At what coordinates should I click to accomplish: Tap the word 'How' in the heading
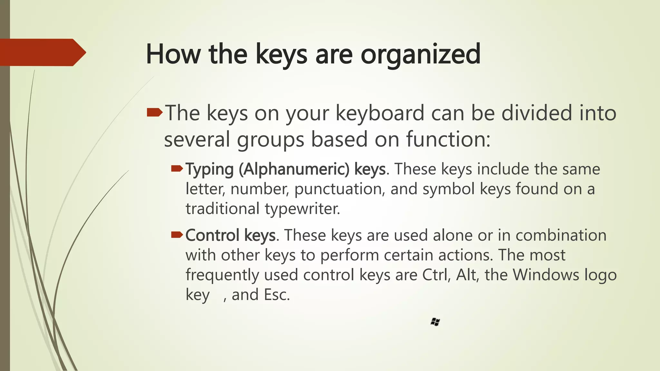point(173,54)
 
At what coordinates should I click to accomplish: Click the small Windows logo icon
point(435,322)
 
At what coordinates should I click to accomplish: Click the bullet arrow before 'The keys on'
point(155,113)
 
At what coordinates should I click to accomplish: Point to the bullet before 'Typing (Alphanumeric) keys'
point(177,168)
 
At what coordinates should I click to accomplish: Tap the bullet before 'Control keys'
point(177,235)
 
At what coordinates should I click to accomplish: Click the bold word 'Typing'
point(209,169)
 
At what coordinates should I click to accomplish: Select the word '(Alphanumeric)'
point(294,169)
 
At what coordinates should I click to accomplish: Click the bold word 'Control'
point(213,235)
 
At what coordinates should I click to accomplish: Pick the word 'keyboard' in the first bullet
point(380,113)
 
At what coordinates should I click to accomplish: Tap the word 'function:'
point(448,139)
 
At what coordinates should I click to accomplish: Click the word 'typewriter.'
point(303,209)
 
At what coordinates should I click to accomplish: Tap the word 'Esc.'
point(277,295)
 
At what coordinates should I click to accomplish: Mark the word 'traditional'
point(222,209)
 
